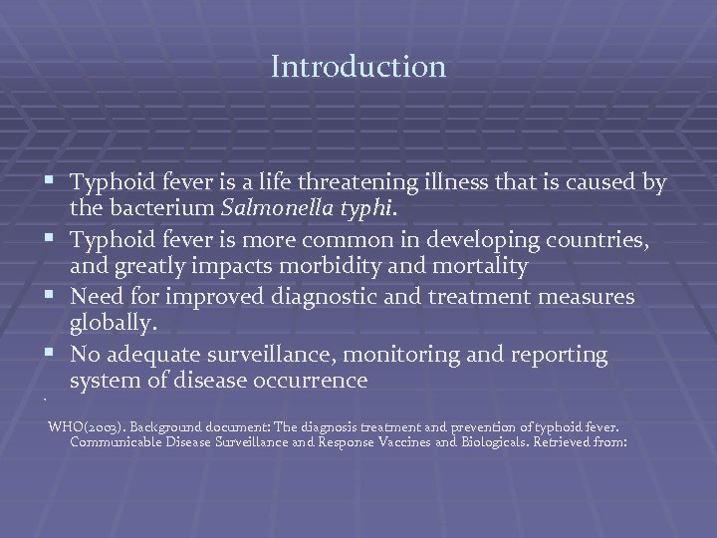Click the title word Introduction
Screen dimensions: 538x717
click(x=358, y=68)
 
